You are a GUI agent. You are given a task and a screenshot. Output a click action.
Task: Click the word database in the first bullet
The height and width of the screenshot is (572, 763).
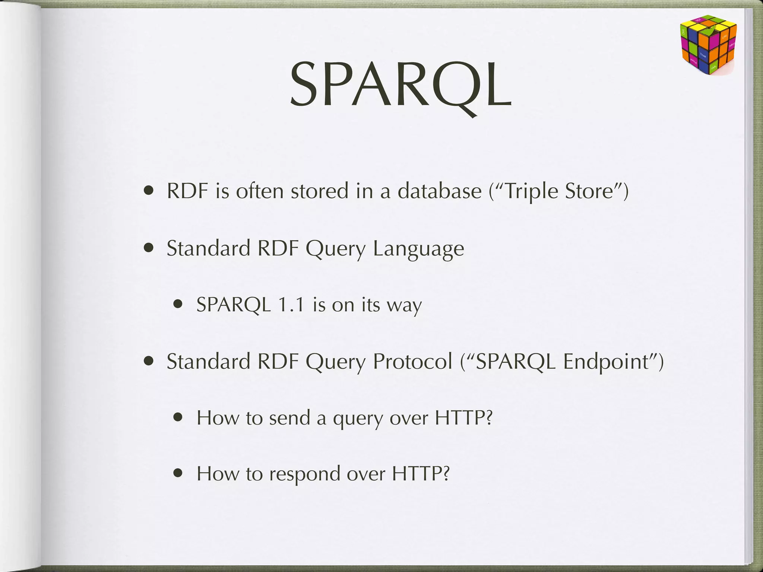pyautogui.click(x=440, y=191)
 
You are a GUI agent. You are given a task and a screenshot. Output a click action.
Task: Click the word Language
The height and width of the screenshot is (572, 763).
pyautogui.click(x=418, y=249)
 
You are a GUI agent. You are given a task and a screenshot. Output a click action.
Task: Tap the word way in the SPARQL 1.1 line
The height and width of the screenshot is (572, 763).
pyautogui.click(x=404, y=306)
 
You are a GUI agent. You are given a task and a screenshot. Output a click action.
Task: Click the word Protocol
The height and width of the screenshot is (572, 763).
pyautogui.click(x=412, y=361)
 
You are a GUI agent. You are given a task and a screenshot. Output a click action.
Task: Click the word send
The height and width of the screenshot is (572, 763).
pyautogui.click(x=289, y=418)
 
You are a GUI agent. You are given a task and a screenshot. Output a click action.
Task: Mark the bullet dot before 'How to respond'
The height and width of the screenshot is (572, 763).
pyautogui.click(x=178, y=473)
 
